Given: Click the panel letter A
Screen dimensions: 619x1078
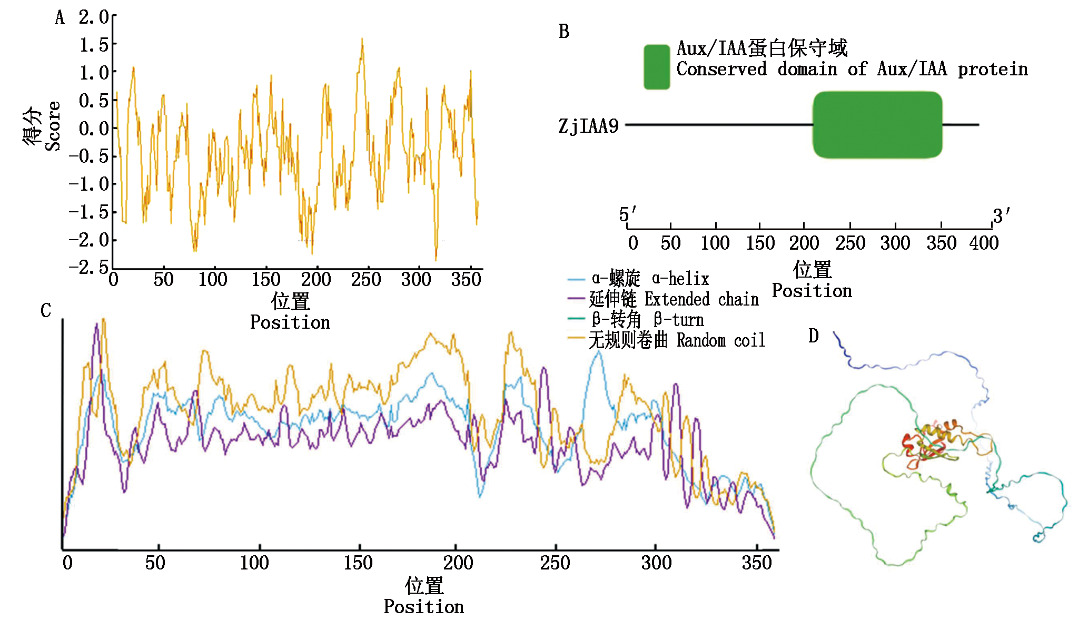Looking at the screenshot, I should [60, 18].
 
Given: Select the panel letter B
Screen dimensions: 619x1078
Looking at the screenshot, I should [563, 32].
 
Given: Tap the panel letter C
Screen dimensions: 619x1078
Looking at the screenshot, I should [46, 310].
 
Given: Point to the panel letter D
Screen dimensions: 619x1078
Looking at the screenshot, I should [813, 336].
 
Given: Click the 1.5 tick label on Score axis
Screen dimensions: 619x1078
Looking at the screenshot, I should [94, 45].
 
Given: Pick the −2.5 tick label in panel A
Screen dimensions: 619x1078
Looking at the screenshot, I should [88, 267].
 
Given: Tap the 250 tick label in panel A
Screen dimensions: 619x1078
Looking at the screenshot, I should [365, 279].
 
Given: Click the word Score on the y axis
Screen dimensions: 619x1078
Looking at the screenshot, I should [53, 126].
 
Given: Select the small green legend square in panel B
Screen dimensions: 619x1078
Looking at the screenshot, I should [656, 67].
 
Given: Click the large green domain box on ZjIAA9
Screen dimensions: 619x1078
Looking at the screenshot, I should [877, 125].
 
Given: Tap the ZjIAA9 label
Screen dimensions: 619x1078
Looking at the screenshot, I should [588, 126].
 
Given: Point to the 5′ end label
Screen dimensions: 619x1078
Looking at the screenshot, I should [627, 214].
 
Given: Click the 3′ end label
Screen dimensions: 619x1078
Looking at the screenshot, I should [1001, 216].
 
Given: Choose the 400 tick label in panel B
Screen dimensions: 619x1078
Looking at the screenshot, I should [984, 243].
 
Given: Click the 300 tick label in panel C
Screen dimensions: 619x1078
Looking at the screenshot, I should [656, 563].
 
